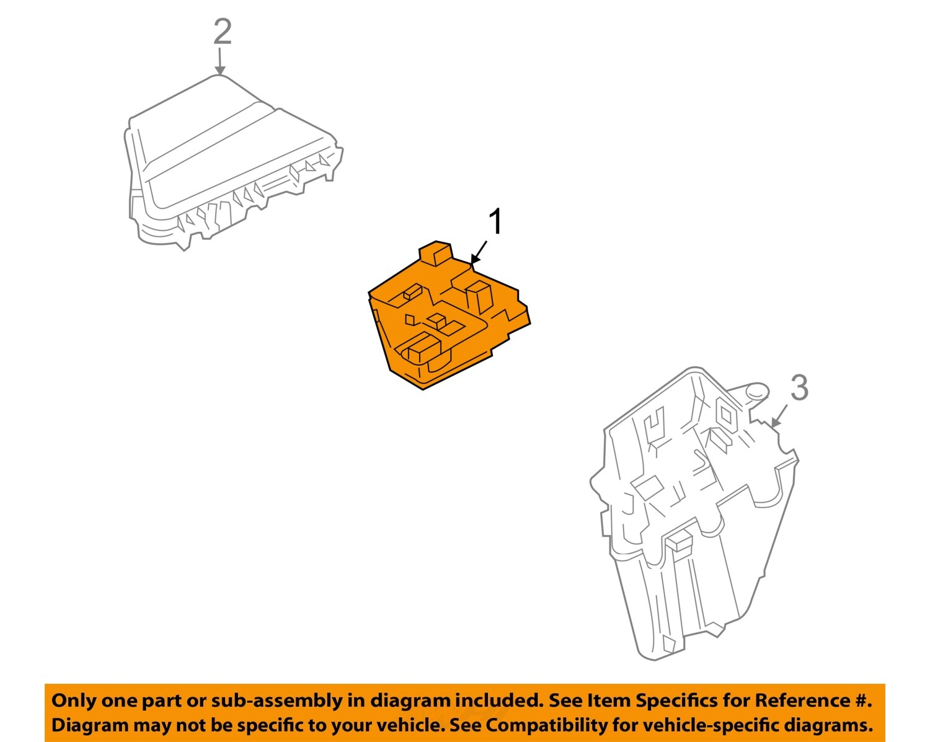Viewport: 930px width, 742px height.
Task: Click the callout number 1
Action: pos(497,222)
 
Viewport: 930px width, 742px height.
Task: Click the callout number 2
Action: pos(223,32)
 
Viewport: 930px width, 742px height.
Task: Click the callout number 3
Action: pos(799,387)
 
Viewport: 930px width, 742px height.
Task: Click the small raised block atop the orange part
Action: pos(436,254)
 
